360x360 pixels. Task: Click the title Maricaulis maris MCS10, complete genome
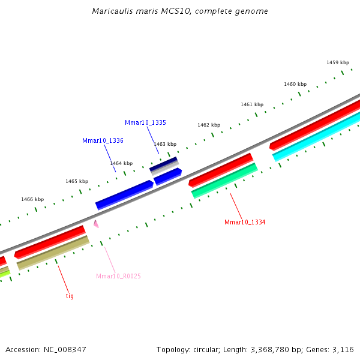180,11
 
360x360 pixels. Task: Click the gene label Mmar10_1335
145,122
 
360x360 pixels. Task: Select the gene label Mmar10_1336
103,140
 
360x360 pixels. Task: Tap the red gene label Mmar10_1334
245,222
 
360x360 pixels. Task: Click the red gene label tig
70,296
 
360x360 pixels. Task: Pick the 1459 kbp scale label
338,62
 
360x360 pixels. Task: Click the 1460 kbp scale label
295,84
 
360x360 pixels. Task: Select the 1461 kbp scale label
252,104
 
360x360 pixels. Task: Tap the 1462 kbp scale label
209,125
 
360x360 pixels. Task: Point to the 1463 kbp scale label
165,144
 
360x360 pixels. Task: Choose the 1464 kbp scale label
121,163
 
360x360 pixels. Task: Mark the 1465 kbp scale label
77,181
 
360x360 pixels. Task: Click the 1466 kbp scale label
32,199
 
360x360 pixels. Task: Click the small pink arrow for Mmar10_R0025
95,224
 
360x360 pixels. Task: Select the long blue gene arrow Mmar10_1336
124,194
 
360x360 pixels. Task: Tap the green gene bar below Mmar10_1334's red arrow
224,180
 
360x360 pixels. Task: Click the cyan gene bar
317,136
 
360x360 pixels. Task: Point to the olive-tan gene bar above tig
53,253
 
